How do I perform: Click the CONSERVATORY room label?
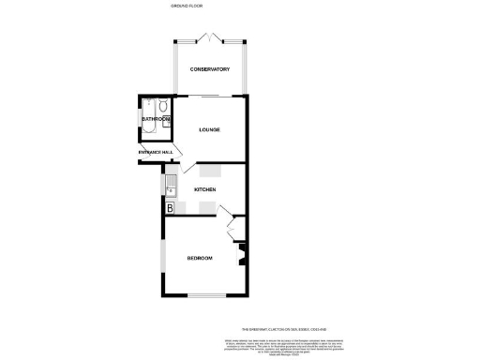click(210, 69)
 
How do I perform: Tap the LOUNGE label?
click(210, 129)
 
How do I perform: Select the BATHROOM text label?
click(156, 120)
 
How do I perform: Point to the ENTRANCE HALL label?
click(156, 152)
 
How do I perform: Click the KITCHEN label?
click(205, 189)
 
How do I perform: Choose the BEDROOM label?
click(200, 258)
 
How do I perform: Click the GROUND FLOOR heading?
click(187, 6)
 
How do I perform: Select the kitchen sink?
click(170, 187)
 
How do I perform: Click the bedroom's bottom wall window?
click(203, 296)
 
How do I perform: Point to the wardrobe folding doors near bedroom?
click(232, 228)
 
